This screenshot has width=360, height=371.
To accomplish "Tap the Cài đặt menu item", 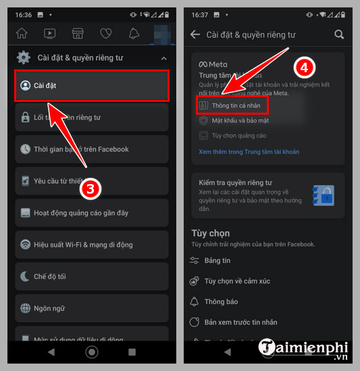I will pos(91,86).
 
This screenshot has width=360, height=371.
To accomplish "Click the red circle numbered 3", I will pos(92,190).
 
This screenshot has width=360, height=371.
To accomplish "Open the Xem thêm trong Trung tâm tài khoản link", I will pos(249,152).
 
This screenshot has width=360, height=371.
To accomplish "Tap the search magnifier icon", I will pos(339,34).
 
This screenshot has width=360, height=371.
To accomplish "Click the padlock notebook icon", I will pos(324,196).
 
